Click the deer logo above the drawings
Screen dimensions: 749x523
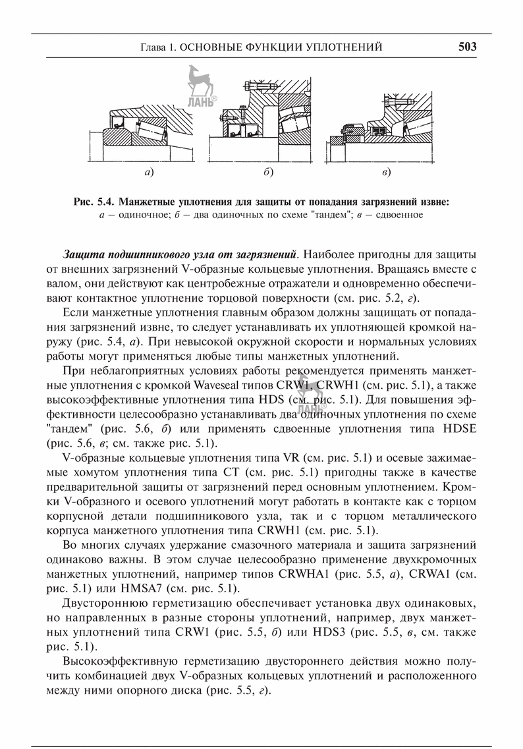coord(198,82)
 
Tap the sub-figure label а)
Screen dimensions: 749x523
coord(149,173)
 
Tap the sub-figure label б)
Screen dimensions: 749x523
coord(267,173)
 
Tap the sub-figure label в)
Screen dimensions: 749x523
coord(386,173)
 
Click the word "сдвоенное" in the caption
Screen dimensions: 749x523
coord(400,213)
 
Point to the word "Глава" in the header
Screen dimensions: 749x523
coord(155,47)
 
